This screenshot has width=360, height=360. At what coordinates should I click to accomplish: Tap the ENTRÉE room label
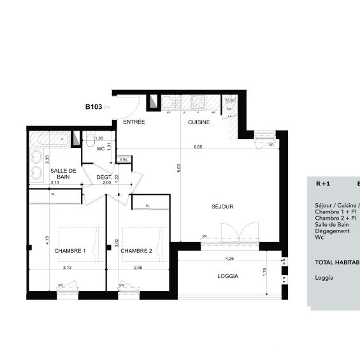[134, 121]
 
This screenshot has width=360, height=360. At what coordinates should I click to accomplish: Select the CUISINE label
[198, 121]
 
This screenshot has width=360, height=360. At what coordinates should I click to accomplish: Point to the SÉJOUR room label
[223, 206]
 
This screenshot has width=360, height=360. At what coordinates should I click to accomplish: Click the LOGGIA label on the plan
[227, 277]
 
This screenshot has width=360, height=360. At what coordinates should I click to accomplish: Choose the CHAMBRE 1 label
[70, 251]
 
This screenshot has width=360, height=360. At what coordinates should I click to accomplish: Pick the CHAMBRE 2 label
[136, 251]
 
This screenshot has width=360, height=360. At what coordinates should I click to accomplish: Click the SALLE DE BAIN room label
[64, 173]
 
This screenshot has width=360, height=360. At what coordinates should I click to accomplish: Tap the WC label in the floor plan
[100, 148]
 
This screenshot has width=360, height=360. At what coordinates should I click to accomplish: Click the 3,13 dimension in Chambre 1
[68, 268]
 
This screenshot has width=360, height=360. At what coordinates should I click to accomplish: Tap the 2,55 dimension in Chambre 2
[138, 268]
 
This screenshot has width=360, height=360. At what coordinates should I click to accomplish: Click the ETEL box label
[123, 159]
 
